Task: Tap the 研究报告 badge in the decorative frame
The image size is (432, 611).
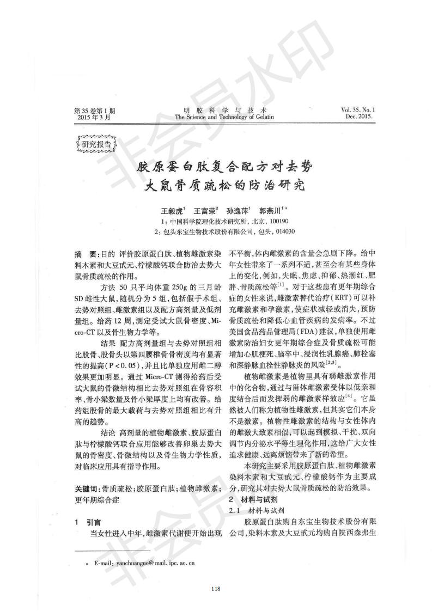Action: [95, 144]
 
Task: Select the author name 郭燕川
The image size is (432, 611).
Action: [269, 210]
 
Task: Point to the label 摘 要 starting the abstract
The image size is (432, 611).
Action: [86, 254]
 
